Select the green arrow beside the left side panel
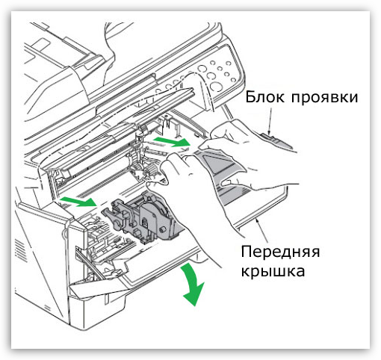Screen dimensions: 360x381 [78, 201]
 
